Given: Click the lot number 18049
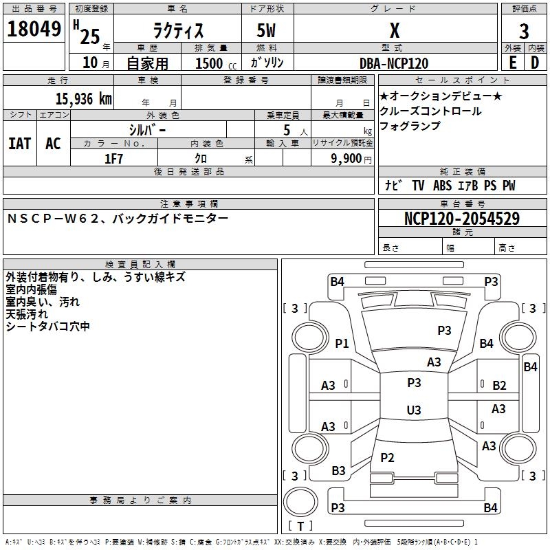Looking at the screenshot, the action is click(x=34, y=29).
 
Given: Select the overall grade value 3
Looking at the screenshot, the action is click(x=524, y=31).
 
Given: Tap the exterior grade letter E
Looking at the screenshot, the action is click(x=513, y=63).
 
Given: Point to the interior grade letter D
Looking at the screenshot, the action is click(x=535, y=63).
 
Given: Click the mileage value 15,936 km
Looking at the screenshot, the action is click(x=84, y=98).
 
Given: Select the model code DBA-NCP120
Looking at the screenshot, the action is click(x=394, y=63).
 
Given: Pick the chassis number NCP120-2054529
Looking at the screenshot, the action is click(x=462, y=218).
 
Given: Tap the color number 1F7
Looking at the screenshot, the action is click(x=113, y=159).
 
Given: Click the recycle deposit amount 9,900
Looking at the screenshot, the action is click(x=346, y=159).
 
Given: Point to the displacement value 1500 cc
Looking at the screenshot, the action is click(x=216, y=63).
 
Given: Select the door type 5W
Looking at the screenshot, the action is click(x=266, y=30).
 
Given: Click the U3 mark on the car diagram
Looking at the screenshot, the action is click(x=414, y=410).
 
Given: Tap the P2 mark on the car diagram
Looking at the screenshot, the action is click(x=387, y=457).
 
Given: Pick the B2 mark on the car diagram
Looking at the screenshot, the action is click(x=499, y=386).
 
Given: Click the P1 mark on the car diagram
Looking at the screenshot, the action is click(x=342, y=343).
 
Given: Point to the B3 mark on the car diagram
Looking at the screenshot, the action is click(x=338, y=471).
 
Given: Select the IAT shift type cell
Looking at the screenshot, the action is click(x=20, y=144).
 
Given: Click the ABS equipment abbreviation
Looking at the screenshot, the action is click(x=442, y=186).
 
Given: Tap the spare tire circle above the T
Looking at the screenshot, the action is click(x=300, y=502).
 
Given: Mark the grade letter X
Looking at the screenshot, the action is click(x=395, y=31).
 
